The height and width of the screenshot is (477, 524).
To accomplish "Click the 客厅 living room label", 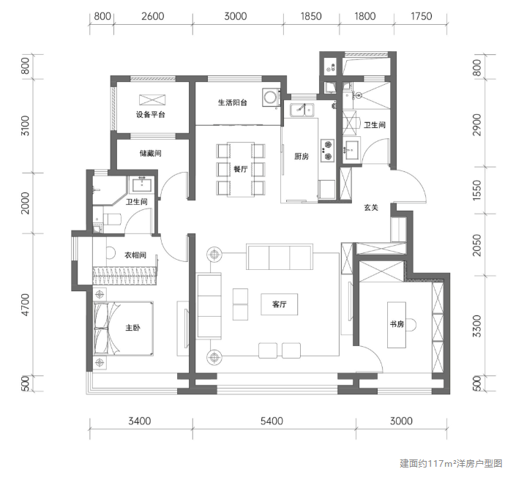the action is coord(279,304).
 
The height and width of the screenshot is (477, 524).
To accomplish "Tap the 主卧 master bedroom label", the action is coord(132,328).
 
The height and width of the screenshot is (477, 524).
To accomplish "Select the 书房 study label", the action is coord(397,324).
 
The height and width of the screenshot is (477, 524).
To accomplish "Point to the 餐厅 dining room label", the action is coord(241,169).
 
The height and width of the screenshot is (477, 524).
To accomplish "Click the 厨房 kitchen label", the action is coord(302,157).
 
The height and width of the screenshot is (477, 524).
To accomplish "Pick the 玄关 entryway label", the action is coord(371,208).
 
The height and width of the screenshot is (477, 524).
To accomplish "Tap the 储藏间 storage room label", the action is coord(150,154).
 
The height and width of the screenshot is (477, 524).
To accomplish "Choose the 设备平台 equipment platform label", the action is coord(150,115).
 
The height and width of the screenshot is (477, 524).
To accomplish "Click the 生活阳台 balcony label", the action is coord(233,102).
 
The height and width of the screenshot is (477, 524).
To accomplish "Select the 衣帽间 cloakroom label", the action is coord(135,255).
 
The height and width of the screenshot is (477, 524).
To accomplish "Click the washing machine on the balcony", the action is coord(271,97).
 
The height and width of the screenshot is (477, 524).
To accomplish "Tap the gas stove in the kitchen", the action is coord(328,150).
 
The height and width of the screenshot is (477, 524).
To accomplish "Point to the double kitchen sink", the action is coord(302,110).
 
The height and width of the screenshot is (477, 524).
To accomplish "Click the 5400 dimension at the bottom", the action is coord(272,421).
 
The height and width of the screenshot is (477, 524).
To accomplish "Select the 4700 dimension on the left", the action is coord(26,304).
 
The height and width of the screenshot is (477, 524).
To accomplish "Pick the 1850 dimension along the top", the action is coord(311,16).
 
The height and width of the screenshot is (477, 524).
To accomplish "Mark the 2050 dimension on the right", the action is coord(477,245).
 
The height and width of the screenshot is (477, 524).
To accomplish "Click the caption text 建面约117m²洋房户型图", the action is coord(451,463).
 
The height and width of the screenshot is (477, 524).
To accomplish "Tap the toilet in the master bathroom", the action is coord(112,219).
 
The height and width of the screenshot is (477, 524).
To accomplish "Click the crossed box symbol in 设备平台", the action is coord(152,100).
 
